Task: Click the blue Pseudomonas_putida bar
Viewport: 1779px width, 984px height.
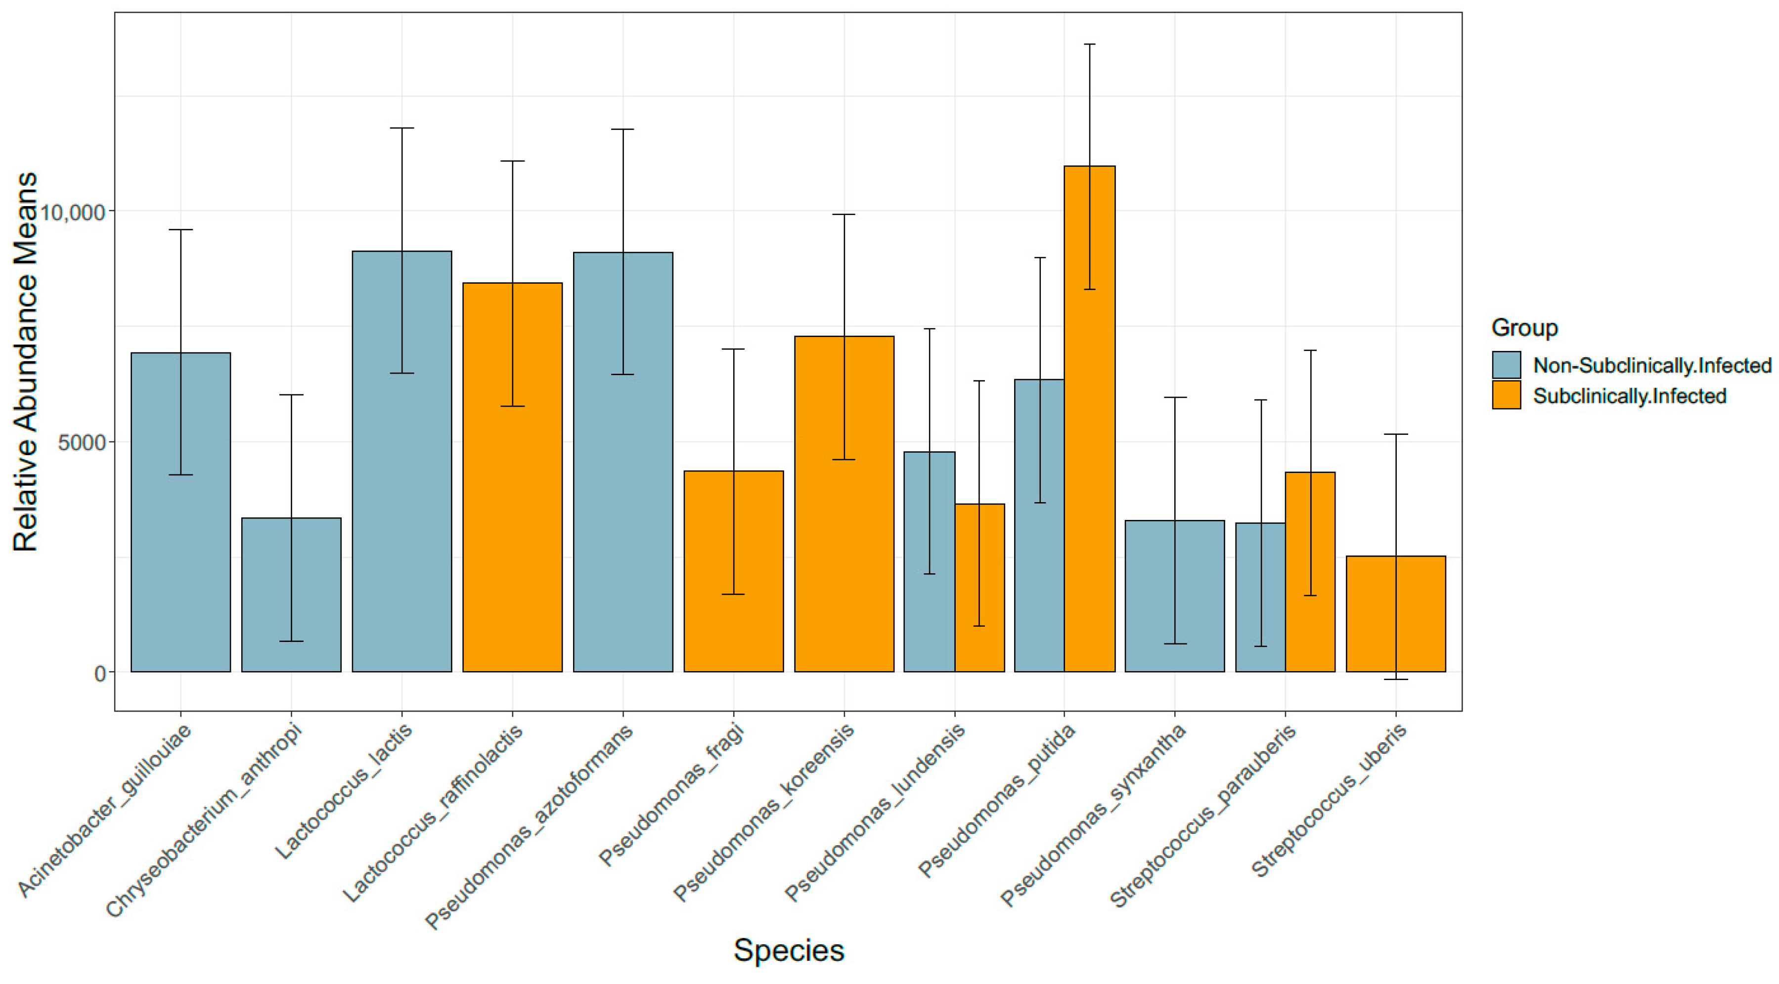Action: pyautogui.click(x=1039, y=525)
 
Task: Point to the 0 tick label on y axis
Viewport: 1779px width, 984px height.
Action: pyautogui.click(x=100, y=673)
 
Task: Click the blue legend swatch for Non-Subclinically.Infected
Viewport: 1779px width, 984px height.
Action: pyautogui.click(x=1506, y=365)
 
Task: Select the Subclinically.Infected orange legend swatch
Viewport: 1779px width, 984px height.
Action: pyautogui.click(x=1506, y=395)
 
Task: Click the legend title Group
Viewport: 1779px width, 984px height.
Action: pyautogui.click(x=1524, y=327)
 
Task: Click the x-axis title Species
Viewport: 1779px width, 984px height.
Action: pyautogui.click(x=788, y=950)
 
